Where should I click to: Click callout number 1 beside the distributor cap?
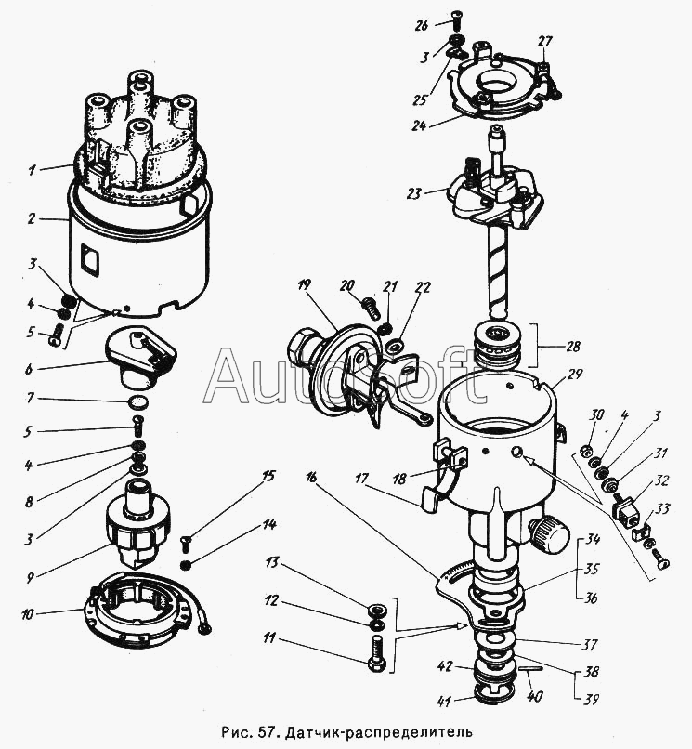(x=32, y=170)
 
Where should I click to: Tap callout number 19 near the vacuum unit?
(x=303, y=286)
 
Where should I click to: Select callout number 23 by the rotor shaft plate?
(x=413, y=193)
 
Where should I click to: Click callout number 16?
(x=310, y=477)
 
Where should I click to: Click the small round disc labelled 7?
(x=138, y=402)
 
